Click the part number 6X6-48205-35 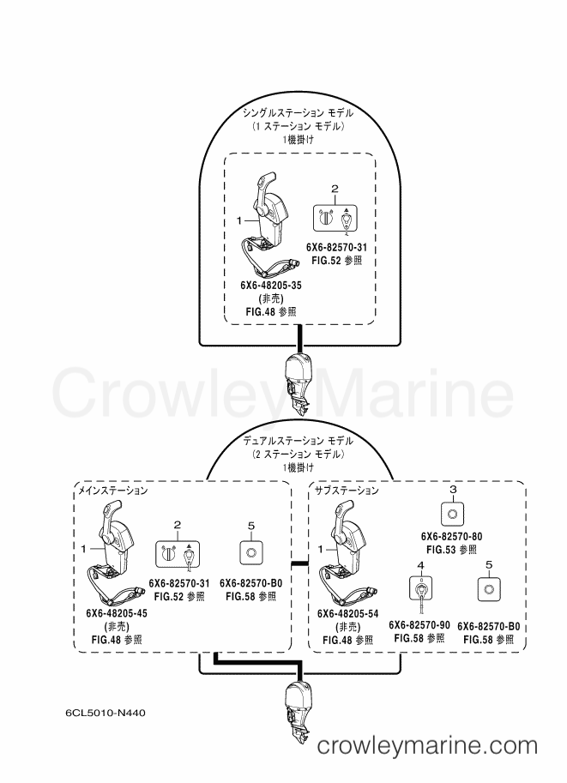(x=271, y=285)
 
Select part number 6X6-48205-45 (x=117, y=613)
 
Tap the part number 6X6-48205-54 (x=347, y=614)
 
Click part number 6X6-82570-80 (x=451, y=536)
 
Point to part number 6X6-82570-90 (x=419, y=625)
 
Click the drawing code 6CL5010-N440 (x=105, y=713)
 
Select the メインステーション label (x=113, y=491)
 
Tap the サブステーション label (x=347, y=491)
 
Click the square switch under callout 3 (x=453, y=514)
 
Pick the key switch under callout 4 (x=420, y=589)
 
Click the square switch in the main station (x=251, y=552)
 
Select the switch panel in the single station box (x=335, y=218)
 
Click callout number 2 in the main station (x=178, y=525)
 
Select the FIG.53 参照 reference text (x=451, y=549)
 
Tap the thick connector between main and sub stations (x=298, y=563)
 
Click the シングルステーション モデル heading (x=299, y=113)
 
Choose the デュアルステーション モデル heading (x=299, y=441)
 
